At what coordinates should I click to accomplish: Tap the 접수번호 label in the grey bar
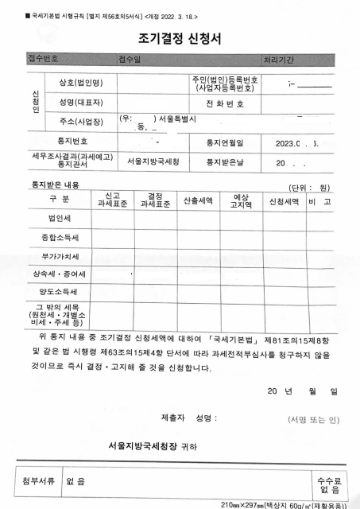[x=44, y=59]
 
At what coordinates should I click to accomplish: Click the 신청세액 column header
[x=285, y=200]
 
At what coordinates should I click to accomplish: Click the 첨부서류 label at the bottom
[x=42, y=481]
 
